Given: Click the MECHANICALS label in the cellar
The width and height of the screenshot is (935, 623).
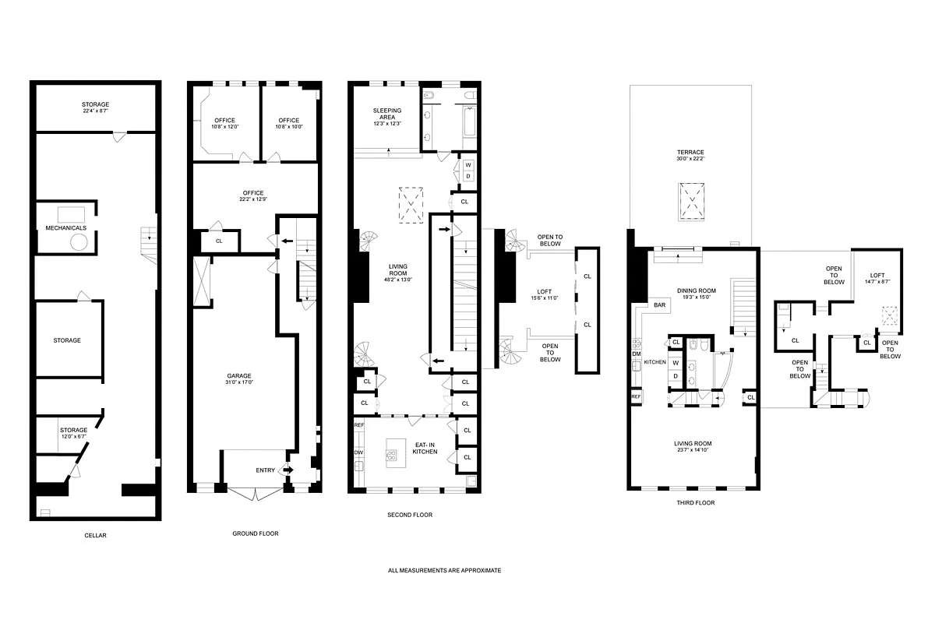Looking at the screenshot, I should pyautogui.click(x=65, y=227).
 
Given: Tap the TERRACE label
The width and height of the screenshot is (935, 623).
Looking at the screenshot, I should pyautogui.click(x=690, y=152).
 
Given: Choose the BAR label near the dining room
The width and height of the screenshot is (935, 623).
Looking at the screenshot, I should pyautogui.click(x=659, y=305).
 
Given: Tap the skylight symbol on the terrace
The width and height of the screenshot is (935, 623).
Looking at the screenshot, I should pyautogui.click(x=690, y=199).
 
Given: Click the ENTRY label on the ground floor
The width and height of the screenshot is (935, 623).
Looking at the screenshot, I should pyautogui.click(x=265, y=470).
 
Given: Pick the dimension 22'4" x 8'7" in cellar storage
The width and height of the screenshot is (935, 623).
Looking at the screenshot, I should pyautogui.click(x=96, y=111).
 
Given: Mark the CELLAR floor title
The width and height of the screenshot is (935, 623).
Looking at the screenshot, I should pyautogui.click(x=95, y=535).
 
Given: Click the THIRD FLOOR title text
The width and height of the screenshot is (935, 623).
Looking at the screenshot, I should pyautogui.click(x=697, y=503).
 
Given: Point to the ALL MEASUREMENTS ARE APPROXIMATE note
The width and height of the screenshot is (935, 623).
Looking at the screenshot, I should pyautogui.click(x=445, y=570).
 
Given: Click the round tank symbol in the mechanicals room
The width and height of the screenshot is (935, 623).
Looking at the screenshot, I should pyautogui.click(x=78, y=243).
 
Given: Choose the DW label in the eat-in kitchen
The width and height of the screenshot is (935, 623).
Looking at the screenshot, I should pyautogui.click(x=358, y=452).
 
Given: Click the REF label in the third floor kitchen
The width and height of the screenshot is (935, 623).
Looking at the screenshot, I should pyautogui.click(x=636, y=397).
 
